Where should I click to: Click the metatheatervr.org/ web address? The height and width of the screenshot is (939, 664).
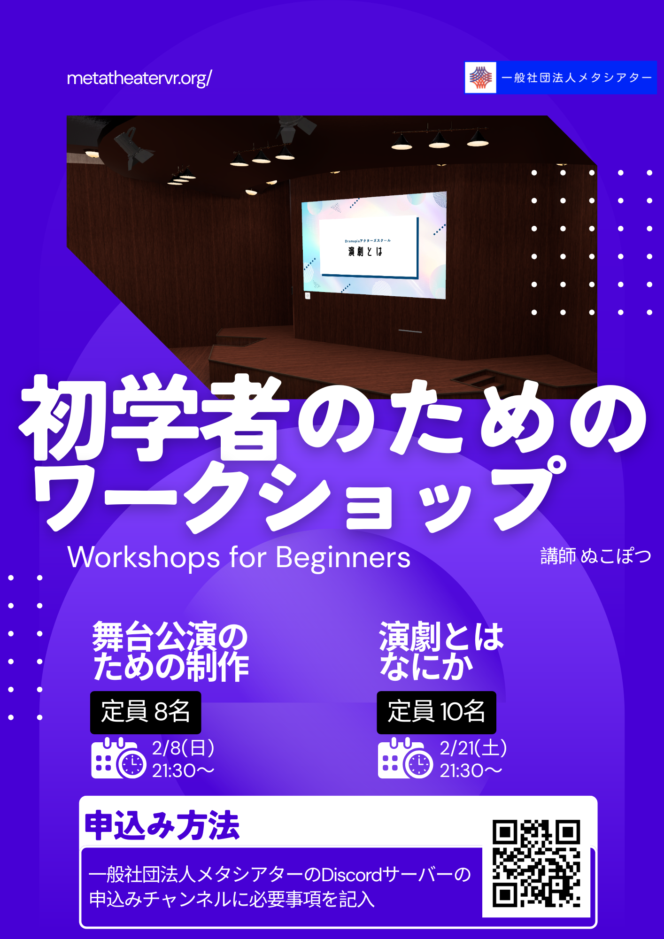point(139,78)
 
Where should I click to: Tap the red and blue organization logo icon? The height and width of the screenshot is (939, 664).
point(480,77)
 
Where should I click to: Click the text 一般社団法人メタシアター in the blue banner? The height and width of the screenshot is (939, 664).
point(577,77)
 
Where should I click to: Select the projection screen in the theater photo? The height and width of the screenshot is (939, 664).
point(374,245)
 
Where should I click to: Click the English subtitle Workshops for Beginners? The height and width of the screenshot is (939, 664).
point(239,557)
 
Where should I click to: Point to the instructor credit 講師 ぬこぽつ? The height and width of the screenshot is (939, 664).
point(596,556)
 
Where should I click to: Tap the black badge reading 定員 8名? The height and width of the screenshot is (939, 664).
point(146,712)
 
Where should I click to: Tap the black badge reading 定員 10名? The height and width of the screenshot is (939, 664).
point(436,712)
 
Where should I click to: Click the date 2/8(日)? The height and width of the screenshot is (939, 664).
point(183,748)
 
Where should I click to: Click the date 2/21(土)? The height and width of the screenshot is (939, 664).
point(473,748)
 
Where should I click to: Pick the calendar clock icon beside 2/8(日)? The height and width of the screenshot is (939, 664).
point(118,758)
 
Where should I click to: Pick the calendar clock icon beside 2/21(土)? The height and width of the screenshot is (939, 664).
point(405,758)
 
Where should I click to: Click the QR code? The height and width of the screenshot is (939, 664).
point(536,863)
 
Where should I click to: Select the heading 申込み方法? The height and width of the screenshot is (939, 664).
point(162,825)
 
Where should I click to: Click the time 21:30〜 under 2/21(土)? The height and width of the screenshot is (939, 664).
point(471,770)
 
